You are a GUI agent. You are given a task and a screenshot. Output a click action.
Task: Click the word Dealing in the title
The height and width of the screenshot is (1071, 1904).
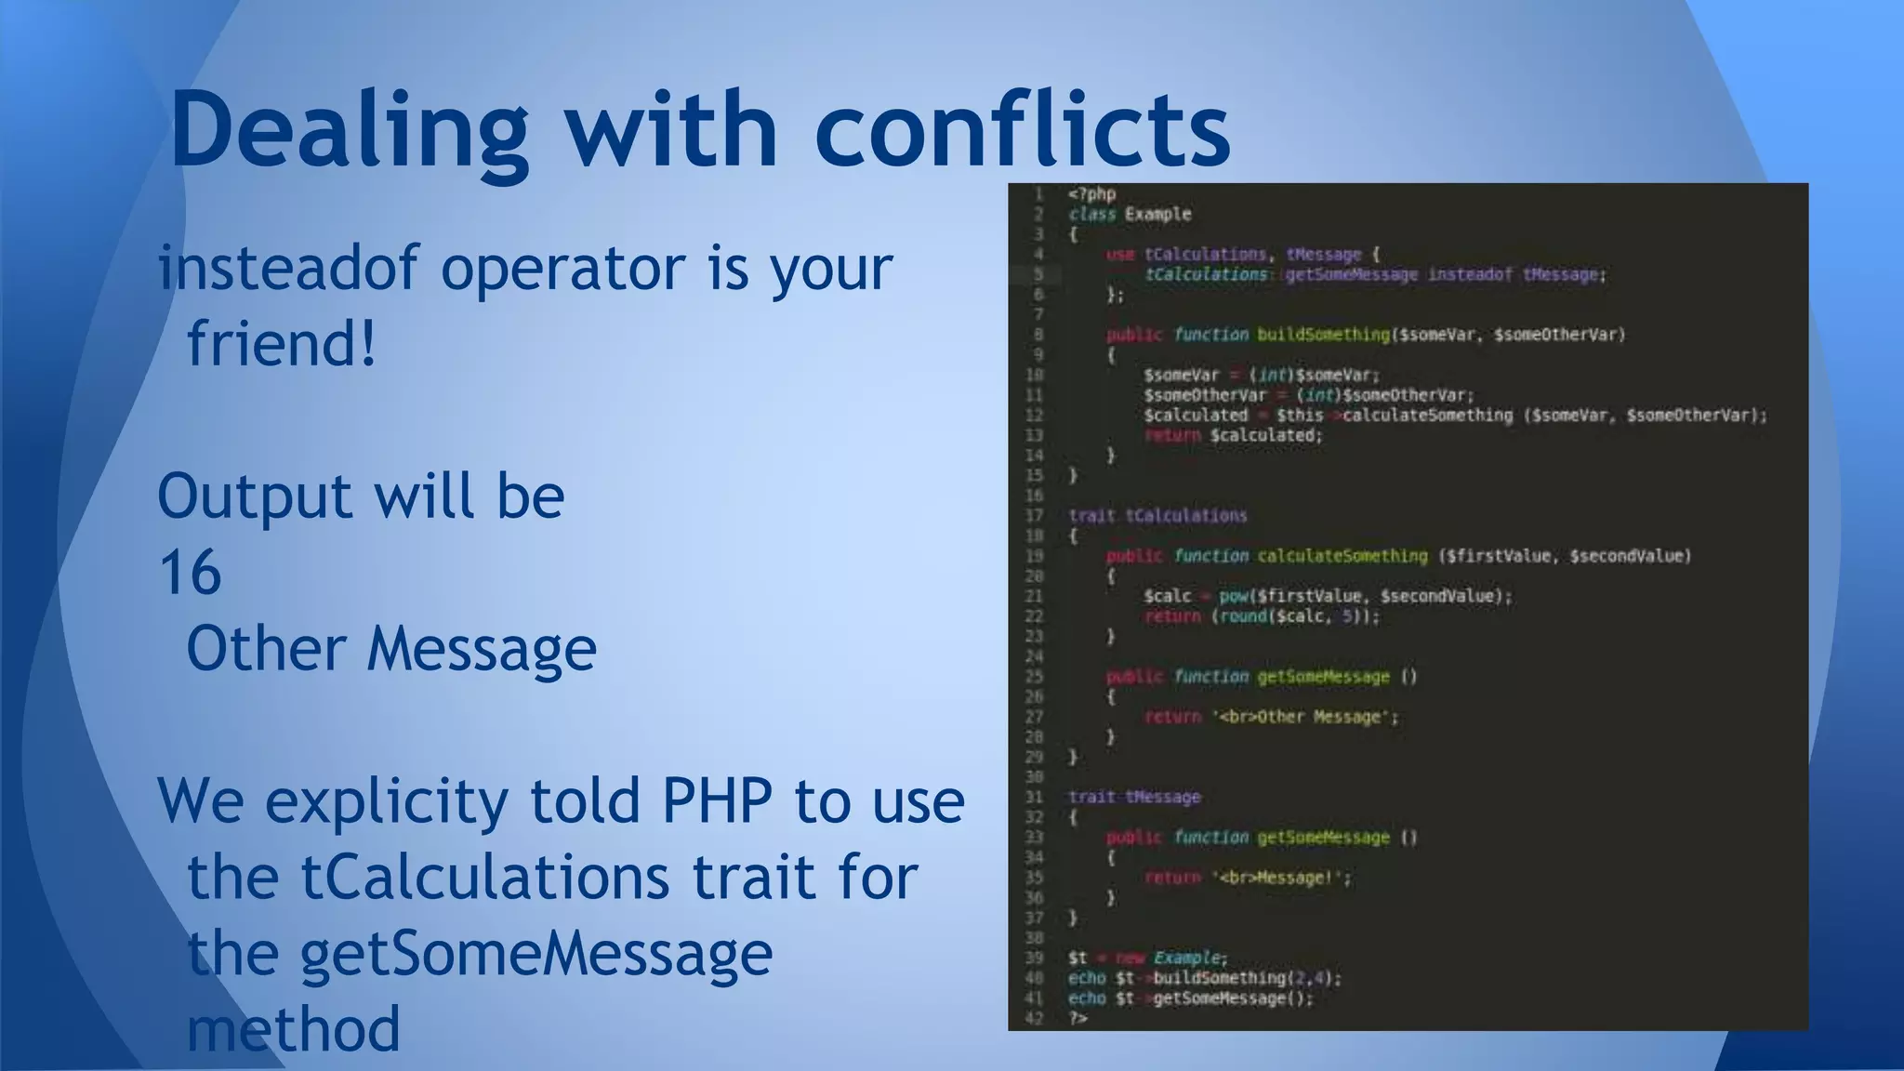349,130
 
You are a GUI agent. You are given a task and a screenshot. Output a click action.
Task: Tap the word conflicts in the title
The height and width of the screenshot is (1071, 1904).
1023,130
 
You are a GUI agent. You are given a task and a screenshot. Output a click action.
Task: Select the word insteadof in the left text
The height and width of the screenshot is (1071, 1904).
288,268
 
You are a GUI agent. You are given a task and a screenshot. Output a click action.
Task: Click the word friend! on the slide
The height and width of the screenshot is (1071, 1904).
282,344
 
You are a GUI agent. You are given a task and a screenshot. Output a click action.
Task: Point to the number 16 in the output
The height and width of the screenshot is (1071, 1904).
190,572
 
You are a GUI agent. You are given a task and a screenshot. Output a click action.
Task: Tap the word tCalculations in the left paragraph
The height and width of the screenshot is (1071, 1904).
483,877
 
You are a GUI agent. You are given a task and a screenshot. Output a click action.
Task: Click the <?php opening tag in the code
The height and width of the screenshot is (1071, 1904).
1091,194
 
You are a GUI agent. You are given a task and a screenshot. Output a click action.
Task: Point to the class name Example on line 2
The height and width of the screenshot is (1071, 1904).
1157,215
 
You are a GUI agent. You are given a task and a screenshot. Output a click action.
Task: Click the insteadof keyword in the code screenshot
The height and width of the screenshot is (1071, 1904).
1470,274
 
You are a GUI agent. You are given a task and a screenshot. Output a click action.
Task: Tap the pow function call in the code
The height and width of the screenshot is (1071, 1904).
1233,596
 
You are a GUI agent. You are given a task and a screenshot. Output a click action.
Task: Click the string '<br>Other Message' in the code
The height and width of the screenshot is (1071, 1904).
1302,717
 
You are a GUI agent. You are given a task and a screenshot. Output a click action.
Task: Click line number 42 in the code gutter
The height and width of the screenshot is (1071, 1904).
1034,1019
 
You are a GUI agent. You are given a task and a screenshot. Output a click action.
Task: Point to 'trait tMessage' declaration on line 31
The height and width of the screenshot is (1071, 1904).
1134,797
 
